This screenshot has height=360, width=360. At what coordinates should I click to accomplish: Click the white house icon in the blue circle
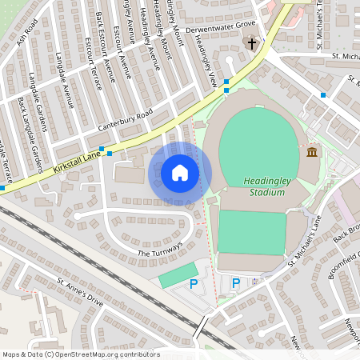pyautogui.click(x=180, y=173)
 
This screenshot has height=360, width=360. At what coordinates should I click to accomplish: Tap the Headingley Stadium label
pyautogui.click(x=266, y=186)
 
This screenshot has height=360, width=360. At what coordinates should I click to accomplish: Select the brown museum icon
pyautogui.click(x=311, y=152)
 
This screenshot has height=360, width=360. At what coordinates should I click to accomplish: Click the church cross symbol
pyautogui.click(x=252, y=43)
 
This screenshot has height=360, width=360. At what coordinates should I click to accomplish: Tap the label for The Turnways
pyautogui.click(x=160, y=249)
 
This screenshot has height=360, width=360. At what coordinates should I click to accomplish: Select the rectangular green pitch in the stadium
pyautogui.click(x=251, y=232)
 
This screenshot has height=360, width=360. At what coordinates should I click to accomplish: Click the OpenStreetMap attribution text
pyautogui.click(x=81, y=354)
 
